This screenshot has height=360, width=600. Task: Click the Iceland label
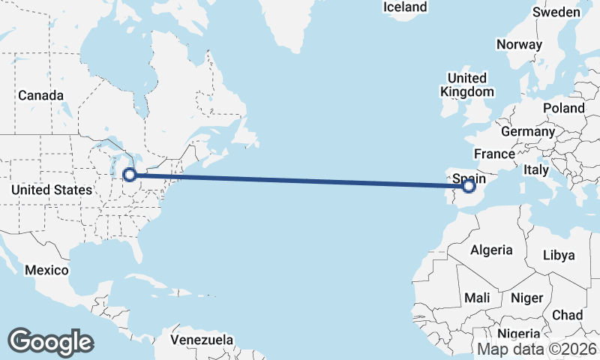[405, 7]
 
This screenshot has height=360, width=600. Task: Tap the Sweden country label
[556, 12]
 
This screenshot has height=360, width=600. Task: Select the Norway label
[519, 44]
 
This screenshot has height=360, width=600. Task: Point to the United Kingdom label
[466, 85]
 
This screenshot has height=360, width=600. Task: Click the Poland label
[563, 108]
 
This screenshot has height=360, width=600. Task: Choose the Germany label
[527, 131]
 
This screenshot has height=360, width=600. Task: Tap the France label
[494, 154]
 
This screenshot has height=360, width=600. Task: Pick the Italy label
[536, 170]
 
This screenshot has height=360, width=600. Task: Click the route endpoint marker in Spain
[469, 185]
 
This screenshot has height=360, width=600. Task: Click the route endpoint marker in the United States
[130, 175]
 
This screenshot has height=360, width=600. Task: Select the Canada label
[40, 95]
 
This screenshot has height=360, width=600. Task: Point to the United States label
[52, 190]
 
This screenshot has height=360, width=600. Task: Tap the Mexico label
[46, 270]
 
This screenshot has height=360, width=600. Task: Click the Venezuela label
[201, 340]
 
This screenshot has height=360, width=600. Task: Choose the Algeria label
[491, 250]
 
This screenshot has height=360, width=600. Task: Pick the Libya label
[558, 255]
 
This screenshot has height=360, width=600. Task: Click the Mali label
[477, 298]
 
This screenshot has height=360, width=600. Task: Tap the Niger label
[526, 298]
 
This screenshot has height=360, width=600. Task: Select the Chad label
[567, 315]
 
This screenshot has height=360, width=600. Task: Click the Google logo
[50, 341]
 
